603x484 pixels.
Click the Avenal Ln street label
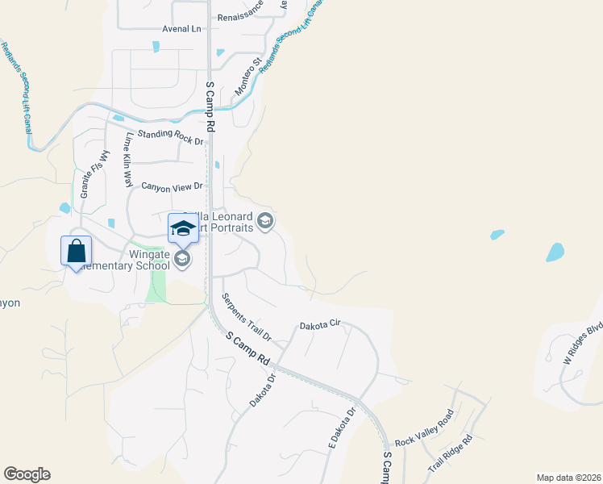(181, 29)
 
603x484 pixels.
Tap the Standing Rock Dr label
(170, 137)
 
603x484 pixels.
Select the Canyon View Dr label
(172, 187)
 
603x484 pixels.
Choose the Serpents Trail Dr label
(247, 315)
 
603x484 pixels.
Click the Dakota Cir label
(321, 325)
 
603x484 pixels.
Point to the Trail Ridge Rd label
(450, 454)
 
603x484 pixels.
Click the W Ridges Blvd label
(583, 342)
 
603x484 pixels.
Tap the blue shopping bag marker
(76, 251)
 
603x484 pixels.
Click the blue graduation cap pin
(183, 228)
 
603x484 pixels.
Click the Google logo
(27, 474)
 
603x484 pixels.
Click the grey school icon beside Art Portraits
(265, 220)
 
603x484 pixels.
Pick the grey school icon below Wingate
(182, 259)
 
